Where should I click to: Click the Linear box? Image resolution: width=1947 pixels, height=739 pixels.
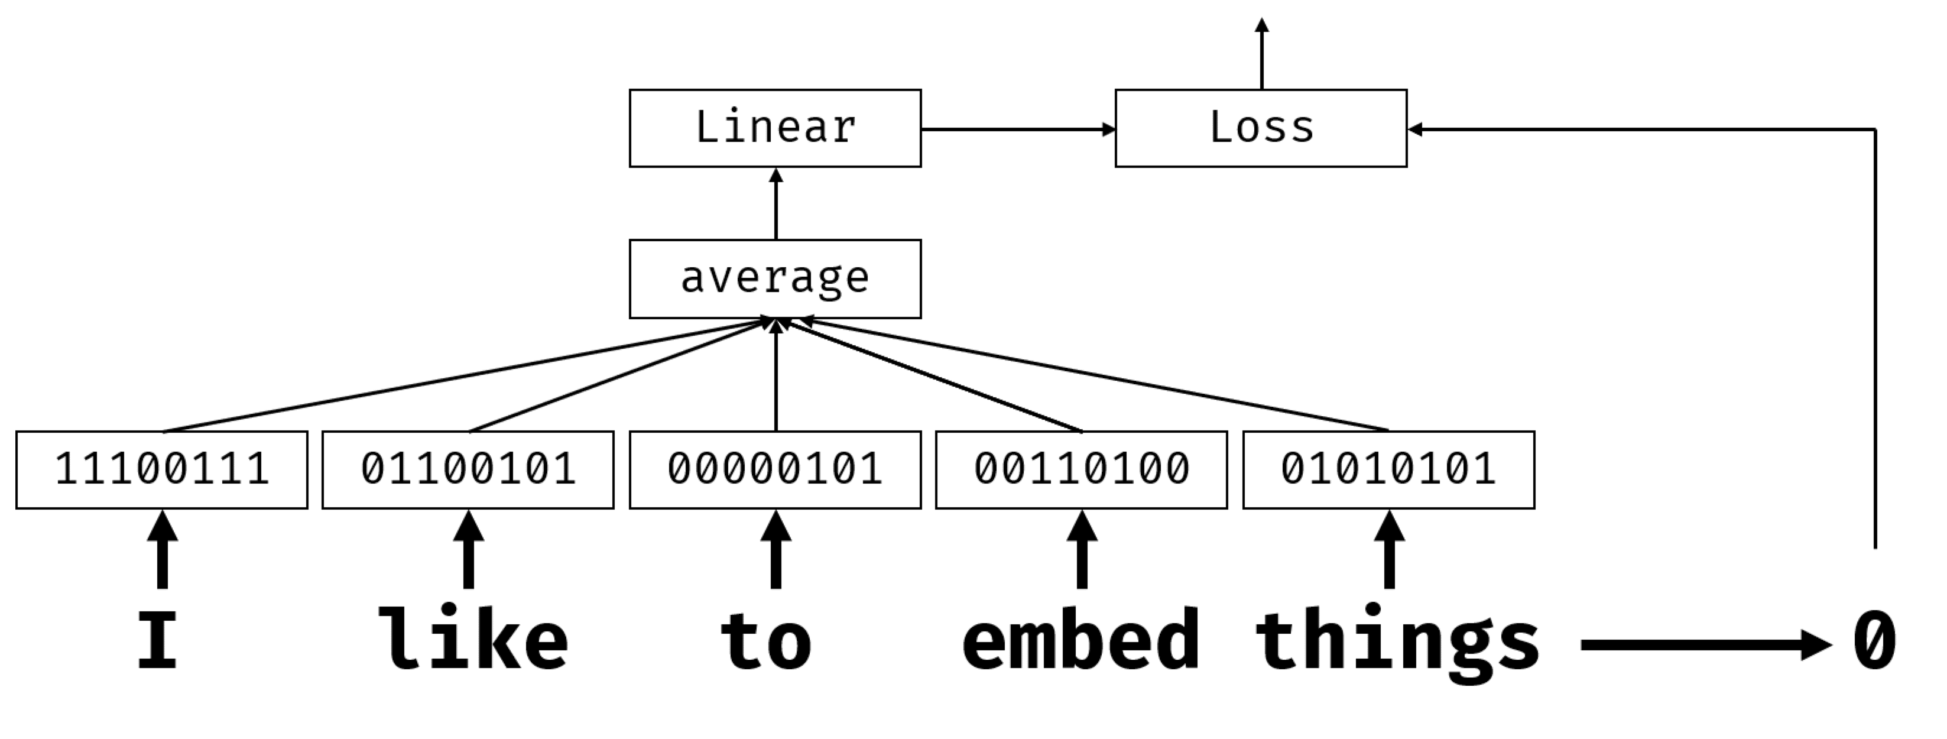pyautogui.click(x=775, y=128)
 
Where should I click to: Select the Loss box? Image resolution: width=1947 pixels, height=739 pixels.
pyautogui.click(x=1261, y=128)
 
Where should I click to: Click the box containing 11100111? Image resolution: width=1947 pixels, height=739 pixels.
pyautogui.click(x=162, y=470)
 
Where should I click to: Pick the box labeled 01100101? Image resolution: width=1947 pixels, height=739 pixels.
pyautogui.click(x=468, y=470)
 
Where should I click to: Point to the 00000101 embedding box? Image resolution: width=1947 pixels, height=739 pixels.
pyautogui.click(x=775, y=470)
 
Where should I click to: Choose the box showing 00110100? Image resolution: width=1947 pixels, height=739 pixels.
pyautogui.click(x=1081, y=470)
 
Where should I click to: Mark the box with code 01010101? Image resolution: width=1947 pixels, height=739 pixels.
pyautogui.click(x=1388, y=470)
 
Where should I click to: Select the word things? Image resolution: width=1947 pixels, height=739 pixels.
pyautogui.click(x=1397, y=642)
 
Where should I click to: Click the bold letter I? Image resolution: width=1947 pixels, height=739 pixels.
pyautogui.click(x=157, y=641)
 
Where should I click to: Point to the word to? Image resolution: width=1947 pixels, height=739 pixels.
pyautogui.click(x=765, y=641)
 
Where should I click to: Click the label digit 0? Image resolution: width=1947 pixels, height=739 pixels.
pyautogui.click(x=1874, y=641)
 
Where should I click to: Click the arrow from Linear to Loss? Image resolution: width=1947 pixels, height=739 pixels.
pyautogui.click(x=1017, y=129)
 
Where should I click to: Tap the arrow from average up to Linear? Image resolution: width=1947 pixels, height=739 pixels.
pyautogui.click(x=775, y=204)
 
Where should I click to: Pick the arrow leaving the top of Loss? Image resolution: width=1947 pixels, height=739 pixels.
pyautogui.click(x=1261, y=53)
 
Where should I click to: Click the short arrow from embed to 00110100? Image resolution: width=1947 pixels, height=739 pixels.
pyautogui.click(x=1082, y=549)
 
